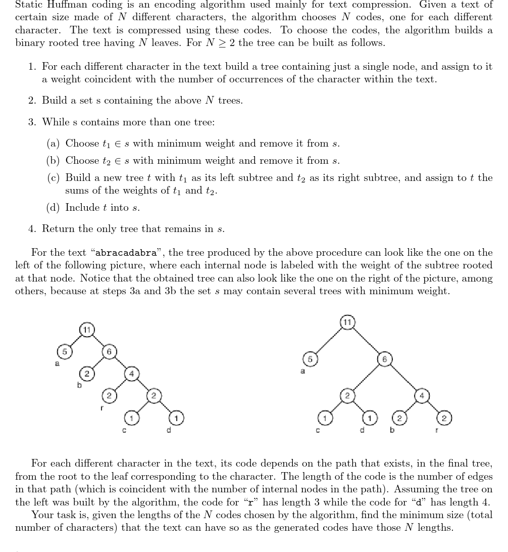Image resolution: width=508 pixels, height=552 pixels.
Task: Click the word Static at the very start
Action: [x=28, y=5]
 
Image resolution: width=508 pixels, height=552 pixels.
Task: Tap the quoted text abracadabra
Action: [x=126, y=253]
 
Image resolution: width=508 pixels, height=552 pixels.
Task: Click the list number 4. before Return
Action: [x=32, y=229]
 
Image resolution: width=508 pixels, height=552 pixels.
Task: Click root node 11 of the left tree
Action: [x=87, y=330]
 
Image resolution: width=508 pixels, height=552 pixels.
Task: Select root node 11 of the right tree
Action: [x=347, y=321]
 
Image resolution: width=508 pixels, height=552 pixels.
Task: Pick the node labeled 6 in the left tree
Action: [x=109, y=351]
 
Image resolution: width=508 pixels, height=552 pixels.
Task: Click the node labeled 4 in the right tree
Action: [x=421, y=396]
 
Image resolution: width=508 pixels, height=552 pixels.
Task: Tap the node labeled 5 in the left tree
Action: [x=64, y=351]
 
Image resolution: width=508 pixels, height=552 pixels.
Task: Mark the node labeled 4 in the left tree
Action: [x=131, y=374]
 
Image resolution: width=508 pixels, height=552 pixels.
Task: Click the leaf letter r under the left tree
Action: [x=102, y=407]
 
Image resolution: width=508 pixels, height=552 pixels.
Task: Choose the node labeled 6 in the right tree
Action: [x=384, y=358]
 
